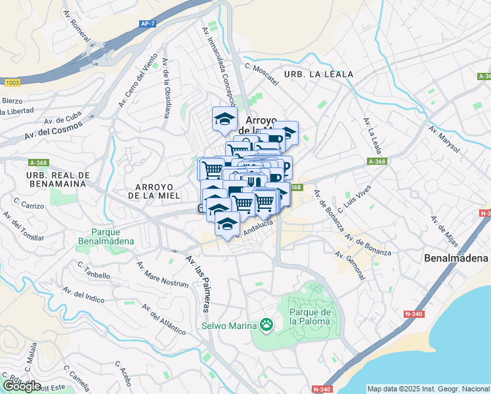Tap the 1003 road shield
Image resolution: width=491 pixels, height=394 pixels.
(12, 83)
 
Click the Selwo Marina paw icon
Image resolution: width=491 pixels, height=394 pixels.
(266, 324)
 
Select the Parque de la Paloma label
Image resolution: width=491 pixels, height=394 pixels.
(311, 316)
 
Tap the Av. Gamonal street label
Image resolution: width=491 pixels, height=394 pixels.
(352, 265)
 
